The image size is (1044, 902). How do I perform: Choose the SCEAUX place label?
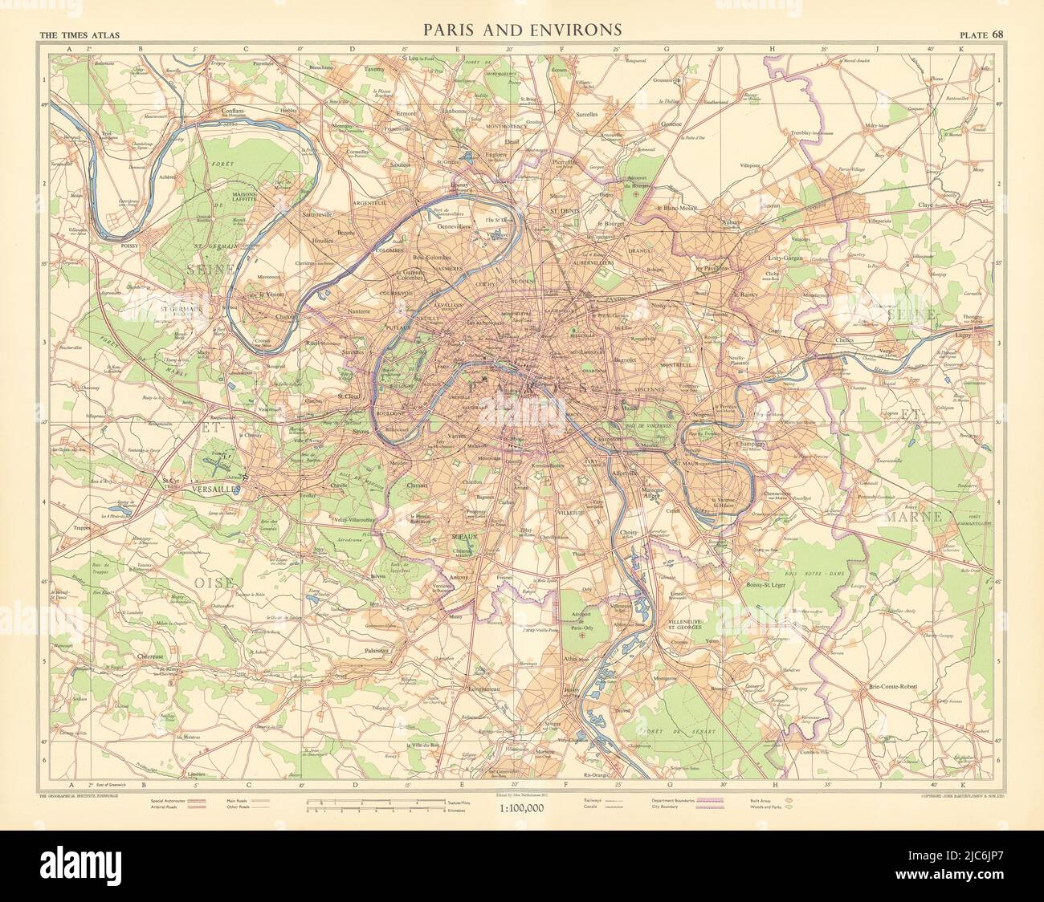pos(463,530)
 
